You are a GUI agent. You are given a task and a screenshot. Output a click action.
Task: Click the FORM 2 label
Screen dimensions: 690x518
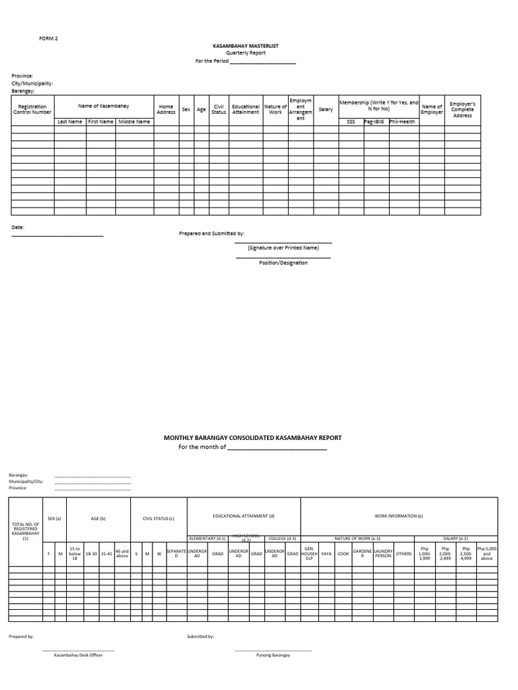pos(49,38)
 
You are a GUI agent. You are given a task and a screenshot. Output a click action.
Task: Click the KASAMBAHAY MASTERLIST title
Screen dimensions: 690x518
pos(246,46)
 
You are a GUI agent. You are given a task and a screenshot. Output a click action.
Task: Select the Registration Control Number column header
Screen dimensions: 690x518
pos(32,109)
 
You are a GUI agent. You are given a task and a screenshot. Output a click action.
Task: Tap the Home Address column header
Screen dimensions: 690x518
pos(166,109)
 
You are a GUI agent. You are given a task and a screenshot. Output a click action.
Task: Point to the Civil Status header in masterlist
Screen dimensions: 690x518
pos(219,109)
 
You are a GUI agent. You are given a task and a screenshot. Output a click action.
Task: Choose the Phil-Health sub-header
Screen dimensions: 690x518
pos(403,122)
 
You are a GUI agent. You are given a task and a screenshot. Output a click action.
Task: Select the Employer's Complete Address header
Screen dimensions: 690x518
pos(463,110)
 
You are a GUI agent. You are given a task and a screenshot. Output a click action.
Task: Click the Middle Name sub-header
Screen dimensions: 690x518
pos(134,122)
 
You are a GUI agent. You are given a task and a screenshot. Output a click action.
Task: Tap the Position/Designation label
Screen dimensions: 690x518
pos(283,263)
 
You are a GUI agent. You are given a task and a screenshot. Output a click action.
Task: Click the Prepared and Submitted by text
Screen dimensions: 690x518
pos(212,234)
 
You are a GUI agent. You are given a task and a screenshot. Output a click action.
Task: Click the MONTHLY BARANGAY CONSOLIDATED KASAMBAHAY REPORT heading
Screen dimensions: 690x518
pos(253,438)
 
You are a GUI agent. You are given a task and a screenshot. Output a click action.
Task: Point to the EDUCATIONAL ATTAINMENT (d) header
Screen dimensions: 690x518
pos(243,515)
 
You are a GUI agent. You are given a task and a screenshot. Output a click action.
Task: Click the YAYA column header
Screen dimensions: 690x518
pos(326,554)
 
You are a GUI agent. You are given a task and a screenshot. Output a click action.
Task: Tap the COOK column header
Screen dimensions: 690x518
pos(343,554)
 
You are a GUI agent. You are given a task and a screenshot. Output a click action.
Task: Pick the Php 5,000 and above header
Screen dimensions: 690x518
pos(486,554)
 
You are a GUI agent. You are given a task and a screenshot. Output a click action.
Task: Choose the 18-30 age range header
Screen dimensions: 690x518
pos(91,554)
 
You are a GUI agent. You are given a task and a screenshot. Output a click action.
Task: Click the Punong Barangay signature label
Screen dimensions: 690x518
pos(273,655)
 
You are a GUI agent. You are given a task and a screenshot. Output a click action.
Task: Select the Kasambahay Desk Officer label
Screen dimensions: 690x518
pos(78,655)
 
